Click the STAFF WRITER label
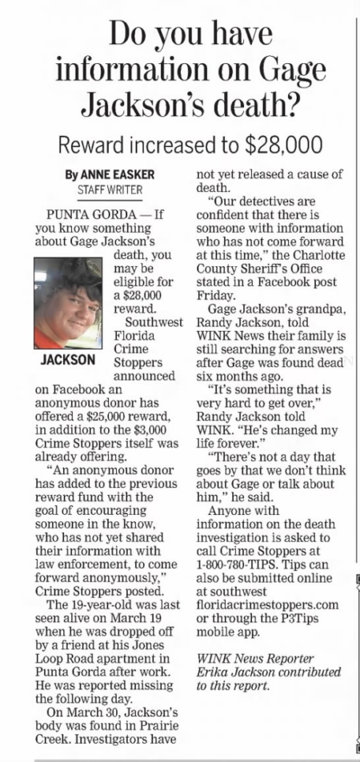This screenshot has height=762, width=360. point(109,191)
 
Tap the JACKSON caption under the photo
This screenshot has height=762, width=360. point(69,361)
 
